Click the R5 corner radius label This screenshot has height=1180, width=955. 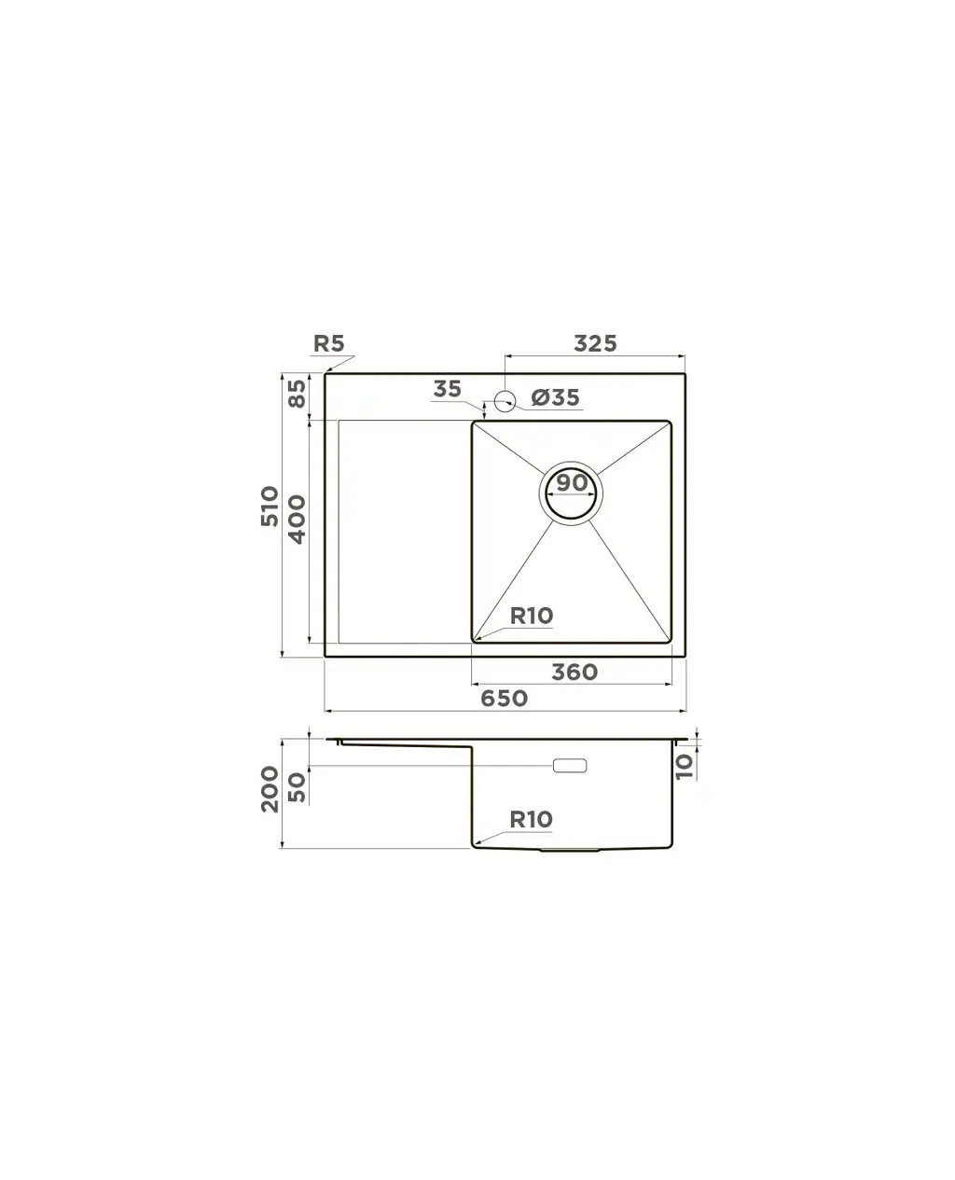(x=328, y=343)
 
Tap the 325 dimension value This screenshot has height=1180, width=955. (x=595, y=343)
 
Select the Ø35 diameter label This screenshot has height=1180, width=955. (x=555, y=397)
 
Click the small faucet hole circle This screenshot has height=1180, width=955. (x=505, y=400)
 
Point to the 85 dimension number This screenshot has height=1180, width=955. (x=297, y=393)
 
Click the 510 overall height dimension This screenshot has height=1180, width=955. (x=270, y=506)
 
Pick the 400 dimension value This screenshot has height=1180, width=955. (x=297, y=519)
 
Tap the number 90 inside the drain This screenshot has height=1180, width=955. (x=572, y=482)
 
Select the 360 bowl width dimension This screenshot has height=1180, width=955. (x=574, y=672)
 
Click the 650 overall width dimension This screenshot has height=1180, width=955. (x=504, y=698)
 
